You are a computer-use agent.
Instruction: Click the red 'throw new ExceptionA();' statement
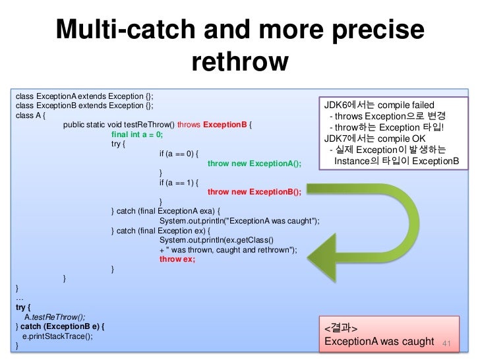pyautogui.click(x=254, y=164)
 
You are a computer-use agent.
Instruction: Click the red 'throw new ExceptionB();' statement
pyautogui.click(x=254, y=192)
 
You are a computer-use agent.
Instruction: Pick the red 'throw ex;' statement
pyautogui.click(x=177, y=259)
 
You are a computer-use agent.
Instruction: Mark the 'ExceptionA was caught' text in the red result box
pyautogui.click(x=377, y=342)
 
